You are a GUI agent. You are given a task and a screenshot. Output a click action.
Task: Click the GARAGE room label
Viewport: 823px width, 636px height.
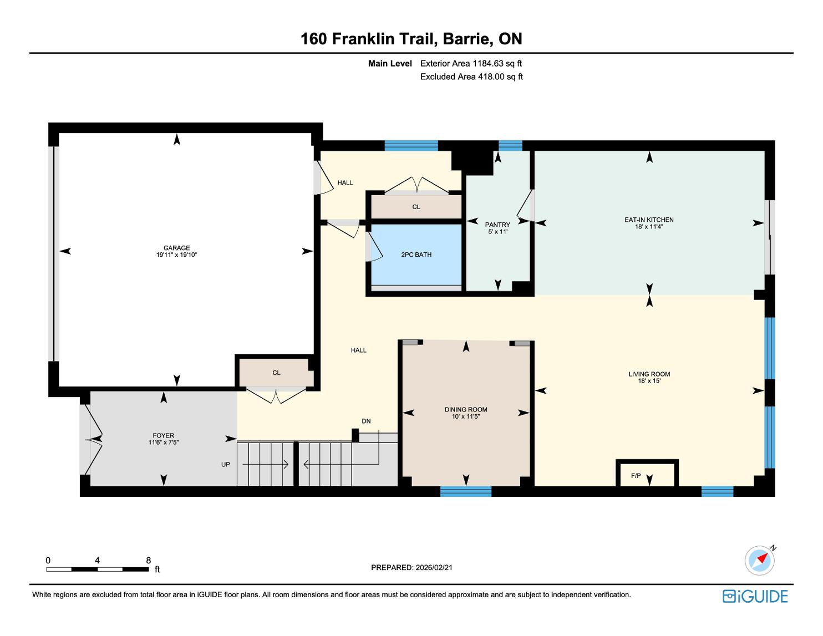[176, 248]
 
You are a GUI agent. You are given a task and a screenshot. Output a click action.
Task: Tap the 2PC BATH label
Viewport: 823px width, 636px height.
[416, 255]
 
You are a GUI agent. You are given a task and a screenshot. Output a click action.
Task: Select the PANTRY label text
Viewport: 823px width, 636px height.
[497, 225]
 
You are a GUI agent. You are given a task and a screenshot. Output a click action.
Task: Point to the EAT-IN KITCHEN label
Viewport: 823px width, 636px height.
[649, 220]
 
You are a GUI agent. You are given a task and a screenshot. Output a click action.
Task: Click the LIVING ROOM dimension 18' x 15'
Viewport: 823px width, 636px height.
[649, 381]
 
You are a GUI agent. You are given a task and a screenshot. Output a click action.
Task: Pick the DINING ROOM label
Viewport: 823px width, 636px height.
[466, 410]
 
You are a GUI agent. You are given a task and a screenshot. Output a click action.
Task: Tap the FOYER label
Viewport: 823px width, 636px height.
[163, 436]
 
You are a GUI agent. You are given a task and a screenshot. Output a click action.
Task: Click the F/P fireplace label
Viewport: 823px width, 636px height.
[636, 476]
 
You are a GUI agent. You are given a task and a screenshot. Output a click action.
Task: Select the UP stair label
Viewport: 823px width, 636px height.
[225, 465]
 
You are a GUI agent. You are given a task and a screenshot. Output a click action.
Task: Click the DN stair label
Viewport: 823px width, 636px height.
[366, 421]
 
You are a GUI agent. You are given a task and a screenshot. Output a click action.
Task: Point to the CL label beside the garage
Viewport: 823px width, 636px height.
[277, 373]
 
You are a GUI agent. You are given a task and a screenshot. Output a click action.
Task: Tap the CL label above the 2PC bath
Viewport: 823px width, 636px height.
[416, 207]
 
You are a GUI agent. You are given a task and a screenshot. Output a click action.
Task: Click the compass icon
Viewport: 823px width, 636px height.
[759, 560]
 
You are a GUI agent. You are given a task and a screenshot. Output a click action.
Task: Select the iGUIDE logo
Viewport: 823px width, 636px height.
[755, 596]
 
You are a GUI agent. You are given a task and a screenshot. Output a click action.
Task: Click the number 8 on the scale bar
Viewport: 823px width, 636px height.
[149, 560]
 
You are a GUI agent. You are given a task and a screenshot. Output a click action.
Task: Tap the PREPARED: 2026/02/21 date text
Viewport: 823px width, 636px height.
[411, 567]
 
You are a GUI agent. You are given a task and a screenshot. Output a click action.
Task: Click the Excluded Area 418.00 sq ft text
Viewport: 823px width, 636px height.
[471, 77]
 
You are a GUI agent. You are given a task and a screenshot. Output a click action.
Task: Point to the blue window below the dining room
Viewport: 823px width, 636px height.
[466, 492]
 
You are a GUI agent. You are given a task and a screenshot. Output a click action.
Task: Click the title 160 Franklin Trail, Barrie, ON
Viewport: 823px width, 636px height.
[411, 39]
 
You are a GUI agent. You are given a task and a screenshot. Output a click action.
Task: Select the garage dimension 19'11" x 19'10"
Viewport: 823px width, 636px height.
[176, 255]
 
